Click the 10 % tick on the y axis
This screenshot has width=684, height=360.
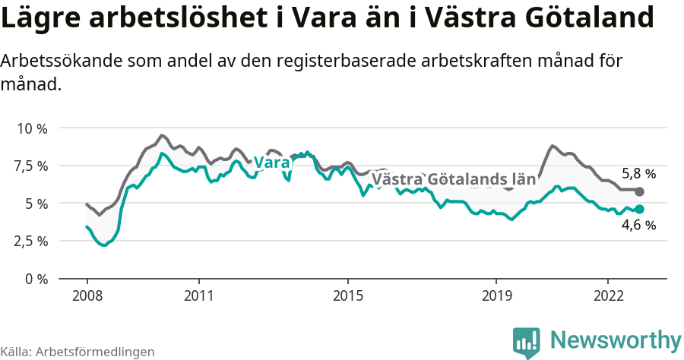(32, 128)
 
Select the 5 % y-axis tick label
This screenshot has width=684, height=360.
(36, 204)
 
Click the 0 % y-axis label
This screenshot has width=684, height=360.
(36, 279)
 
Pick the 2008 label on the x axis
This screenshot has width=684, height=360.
(87, 295)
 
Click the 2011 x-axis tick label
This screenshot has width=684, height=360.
(198, 295)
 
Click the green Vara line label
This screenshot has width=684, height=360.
(272, 163)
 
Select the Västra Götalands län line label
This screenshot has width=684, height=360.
(454, 180)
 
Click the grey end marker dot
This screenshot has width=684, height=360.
(639, 191)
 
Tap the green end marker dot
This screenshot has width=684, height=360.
(639, 209)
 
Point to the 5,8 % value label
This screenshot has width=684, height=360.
(638, 173)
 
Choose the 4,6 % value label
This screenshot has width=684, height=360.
(638, 226)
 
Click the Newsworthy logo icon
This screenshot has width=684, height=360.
(527, 342)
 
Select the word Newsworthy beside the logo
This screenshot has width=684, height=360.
(616, 339)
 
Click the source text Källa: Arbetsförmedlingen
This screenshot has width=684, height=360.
(78, 352)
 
